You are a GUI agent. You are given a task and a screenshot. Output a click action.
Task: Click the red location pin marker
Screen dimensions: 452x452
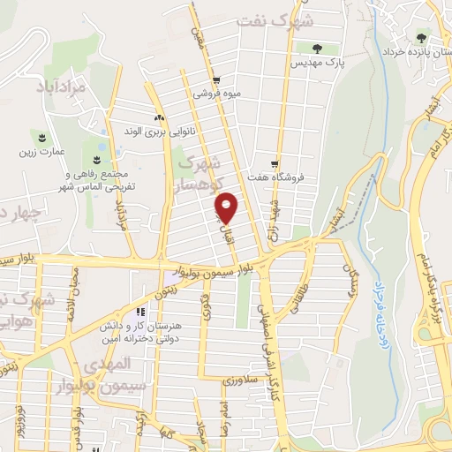point(228,207)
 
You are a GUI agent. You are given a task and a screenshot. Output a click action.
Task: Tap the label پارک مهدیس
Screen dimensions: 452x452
point(320,64)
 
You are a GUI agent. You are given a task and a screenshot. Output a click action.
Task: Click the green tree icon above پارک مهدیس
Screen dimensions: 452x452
point(320,48)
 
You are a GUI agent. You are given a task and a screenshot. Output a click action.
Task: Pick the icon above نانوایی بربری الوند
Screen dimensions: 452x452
point(159,117)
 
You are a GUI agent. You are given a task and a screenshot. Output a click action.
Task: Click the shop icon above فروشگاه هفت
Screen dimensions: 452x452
point(276,163)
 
